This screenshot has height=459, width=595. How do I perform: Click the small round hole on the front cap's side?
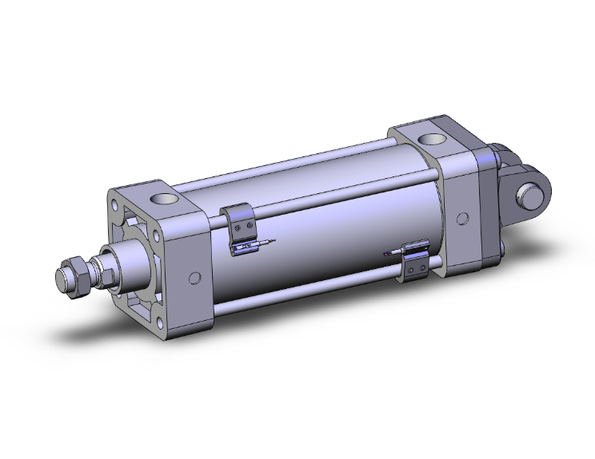(x=194, y=279)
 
